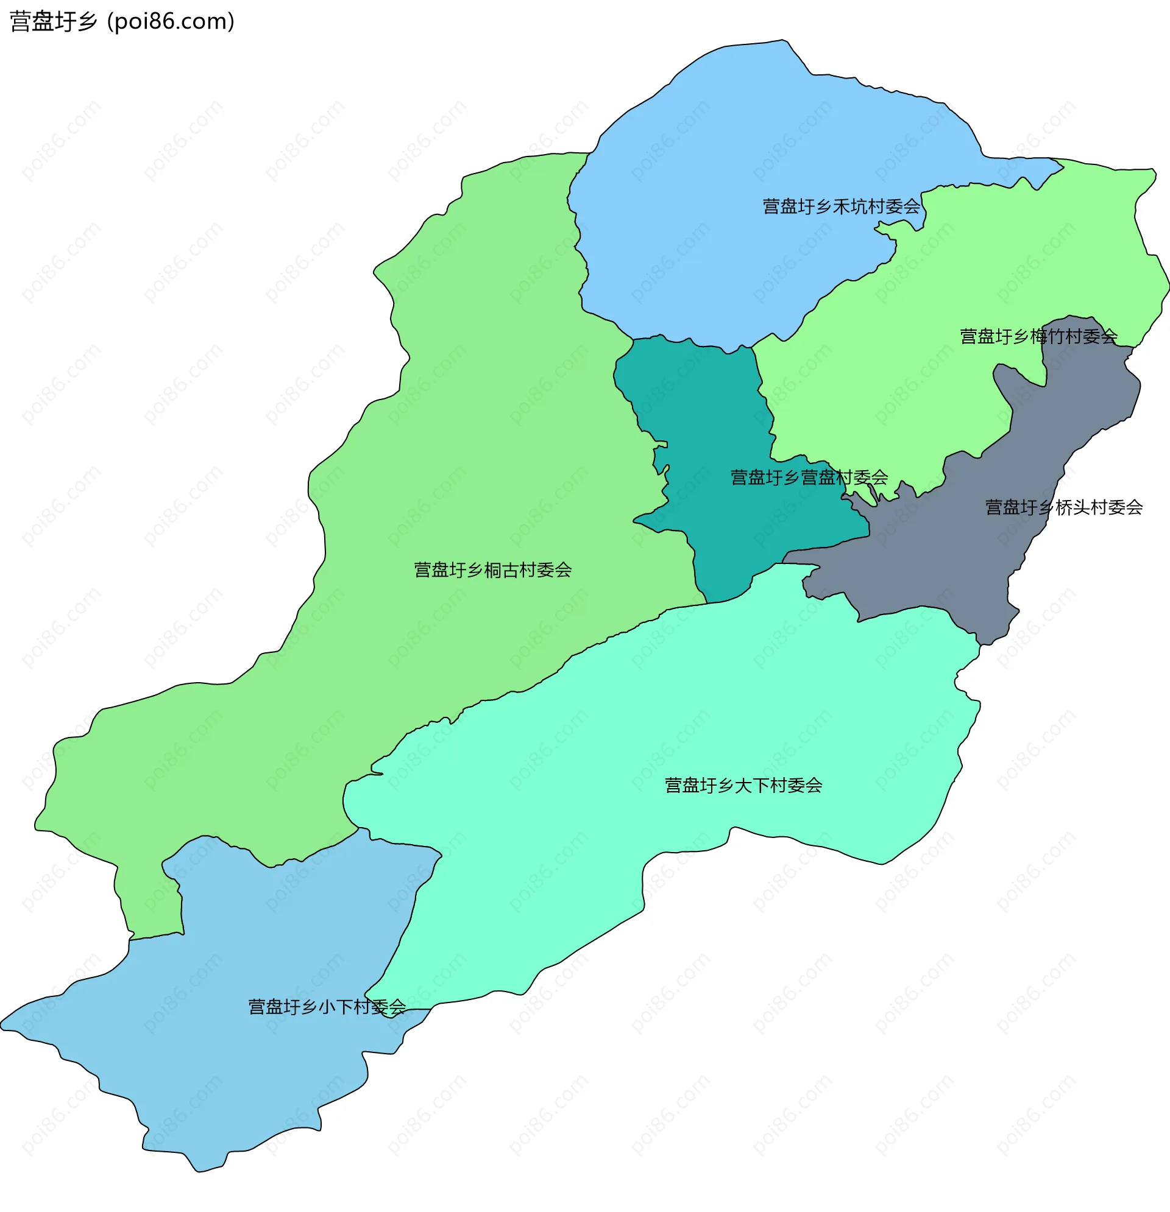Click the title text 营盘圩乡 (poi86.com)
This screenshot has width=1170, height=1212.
(122, 22)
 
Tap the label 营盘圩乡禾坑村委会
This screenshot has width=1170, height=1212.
(841, 206)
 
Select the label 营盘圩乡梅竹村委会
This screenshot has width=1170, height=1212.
(1038, 336)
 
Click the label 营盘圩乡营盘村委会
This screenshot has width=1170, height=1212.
(809, 477)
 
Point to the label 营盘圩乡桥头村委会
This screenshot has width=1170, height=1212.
(1063, 508)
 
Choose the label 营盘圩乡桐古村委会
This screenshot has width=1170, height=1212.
(492, 570)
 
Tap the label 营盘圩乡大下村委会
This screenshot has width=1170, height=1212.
(743, 785)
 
